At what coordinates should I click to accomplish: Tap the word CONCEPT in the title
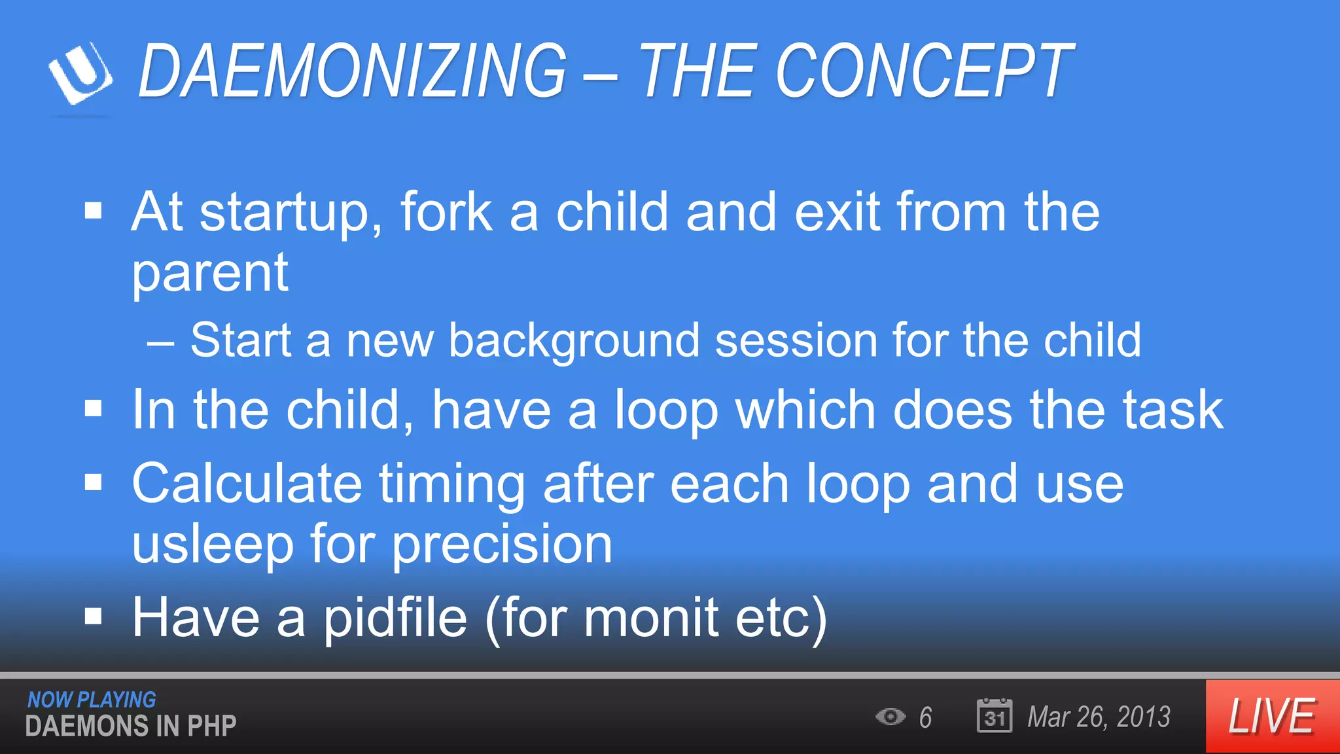point(923,71)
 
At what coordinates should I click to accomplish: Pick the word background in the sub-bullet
point(574,342)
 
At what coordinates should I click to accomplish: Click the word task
point(1172,411)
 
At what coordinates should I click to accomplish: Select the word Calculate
point(247,484)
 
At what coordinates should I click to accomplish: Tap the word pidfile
point(395,619)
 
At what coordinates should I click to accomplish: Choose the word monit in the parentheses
point(651,619)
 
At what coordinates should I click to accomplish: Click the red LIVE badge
point(1272,716)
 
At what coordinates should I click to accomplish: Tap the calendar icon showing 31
point(994,716)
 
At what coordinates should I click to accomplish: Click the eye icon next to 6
point(890,717)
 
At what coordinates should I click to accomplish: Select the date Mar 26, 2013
point(1099,717)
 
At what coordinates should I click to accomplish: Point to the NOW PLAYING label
point(92,700)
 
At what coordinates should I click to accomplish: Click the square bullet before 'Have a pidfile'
point(94,616)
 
